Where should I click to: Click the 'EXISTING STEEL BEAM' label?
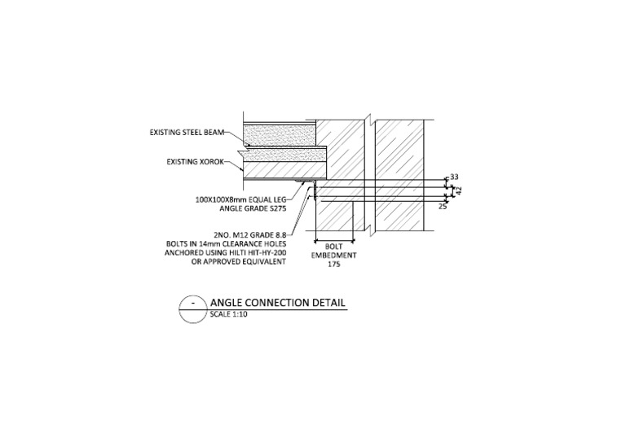(x=186, y=132)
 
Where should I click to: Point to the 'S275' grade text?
(x=274, y=208)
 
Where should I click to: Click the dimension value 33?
(x=455, y=177)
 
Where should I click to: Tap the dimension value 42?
(x=459, y=190)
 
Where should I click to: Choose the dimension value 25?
(x=443, y=207)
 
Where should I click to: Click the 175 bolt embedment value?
(x=333, y=265)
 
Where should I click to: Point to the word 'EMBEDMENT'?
(x=333, y=255)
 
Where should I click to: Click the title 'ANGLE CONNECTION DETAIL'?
(x=278, y=303)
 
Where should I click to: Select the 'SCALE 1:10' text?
(x=228, y=313)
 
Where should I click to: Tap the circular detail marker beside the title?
(x=192, y=308)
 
